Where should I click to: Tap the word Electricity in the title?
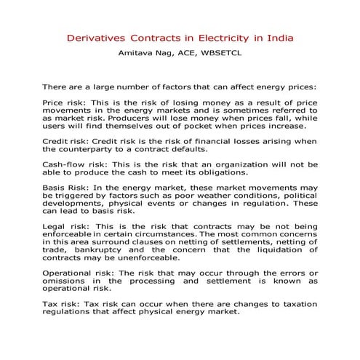tap(223, 36)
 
